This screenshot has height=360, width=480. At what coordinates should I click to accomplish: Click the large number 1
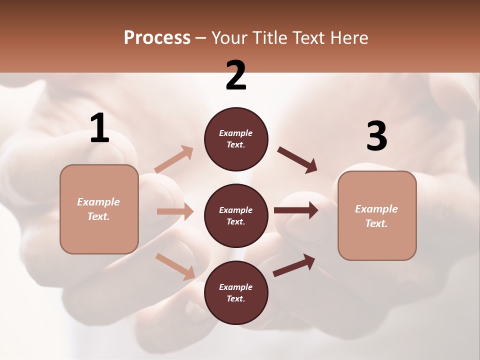[x=100, y=128]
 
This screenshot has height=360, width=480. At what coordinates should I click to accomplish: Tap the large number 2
[x=236, y=76]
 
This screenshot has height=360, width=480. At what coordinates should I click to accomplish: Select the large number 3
[x=377, y=136]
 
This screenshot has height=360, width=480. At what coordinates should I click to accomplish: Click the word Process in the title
[x=157, y=37]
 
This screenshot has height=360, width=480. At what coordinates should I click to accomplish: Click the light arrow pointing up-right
[x=174, y=159]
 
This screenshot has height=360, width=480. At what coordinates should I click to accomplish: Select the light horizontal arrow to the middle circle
[x=175, y=211]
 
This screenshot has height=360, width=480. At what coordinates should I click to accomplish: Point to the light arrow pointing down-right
[x=175, y=266]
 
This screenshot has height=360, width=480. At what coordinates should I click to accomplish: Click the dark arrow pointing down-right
[x=297, y=160]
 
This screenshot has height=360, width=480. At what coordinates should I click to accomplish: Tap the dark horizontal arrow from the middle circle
[x=296, y=210]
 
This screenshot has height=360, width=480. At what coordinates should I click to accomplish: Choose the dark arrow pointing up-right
[x=294, y=265]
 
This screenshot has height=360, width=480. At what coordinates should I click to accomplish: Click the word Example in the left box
[x=98, y=202]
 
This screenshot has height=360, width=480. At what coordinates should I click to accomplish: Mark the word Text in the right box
[x=376, y=223]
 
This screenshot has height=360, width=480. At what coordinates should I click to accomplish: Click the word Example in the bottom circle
[x=235, y=287]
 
